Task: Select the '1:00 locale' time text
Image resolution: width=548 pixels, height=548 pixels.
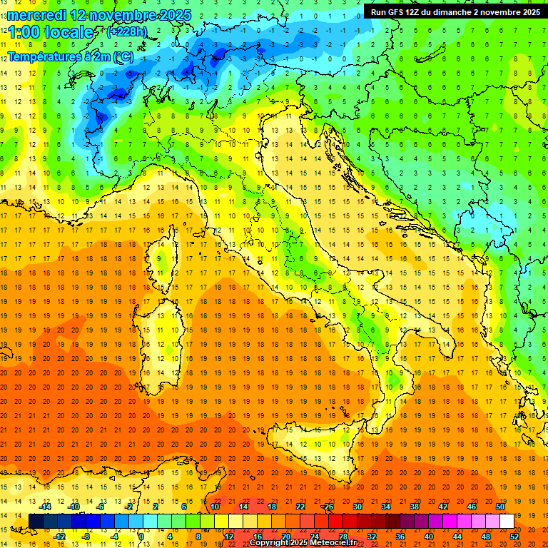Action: [50, 32]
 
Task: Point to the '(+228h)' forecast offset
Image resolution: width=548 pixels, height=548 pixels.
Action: [126, 32]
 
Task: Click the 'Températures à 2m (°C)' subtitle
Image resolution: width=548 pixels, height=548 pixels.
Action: [70, 56]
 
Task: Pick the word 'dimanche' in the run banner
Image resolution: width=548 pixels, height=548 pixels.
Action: [451, 12]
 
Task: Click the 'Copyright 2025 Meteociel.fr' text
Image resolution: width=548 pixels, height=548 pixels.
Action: [307, 543]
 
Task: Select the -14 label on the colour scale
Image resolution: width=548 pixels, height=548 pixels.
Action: [45, 507]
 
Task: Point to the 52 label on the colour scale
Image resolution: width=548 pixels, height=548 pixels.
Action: [514, 536]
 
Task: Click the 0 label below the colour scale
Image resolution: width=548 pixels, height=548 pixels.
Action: [141, 536]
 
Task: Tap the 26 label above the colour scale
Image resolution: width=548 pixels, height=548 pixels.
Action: [328, 507]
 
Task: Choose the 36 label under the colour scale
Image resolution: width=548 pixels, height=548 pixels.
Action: [400, 536]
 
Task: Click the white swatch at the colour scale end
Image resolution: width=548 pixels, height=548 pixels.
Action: [507, 521]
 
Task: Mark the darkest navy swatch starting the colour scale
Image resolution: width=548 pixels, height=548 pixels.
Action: [36, 521]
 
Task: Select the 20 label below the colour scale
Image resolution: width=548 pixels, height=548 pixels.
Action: [285, 536]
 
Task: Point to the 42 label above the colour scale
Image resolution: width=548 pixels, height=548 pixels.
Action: [442, 507]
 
